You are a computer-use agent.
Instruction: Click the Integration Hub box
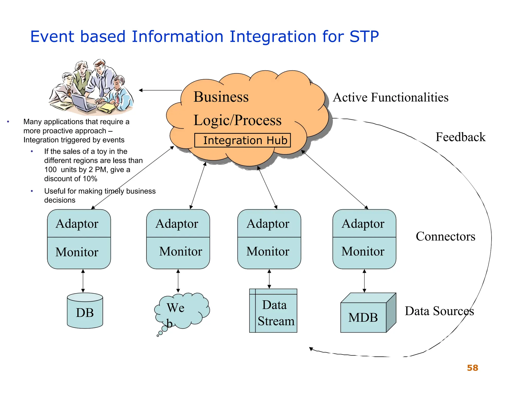242,140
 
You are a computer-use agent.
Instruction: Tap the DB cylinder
85,311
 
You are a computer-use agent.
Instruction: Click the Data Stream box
273,311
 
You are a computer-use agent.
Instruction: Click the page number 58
472,368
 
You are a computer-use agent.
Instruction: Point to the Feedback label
460,137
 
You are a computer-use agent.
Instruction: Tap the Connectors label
445,236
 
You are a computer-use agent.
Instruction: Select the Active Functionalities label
390,97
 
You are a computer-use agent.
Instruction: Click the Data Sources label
439,311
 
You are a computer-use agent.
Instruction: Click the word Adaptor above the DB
77,223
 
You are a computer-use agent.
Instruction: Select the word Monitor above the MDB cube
363,251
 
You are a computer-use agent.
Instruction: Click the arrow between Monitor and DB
83,281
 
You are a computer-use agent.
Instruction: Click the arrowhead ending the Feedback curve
311,349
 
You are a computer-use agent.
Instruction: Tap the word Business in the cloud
221,97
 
